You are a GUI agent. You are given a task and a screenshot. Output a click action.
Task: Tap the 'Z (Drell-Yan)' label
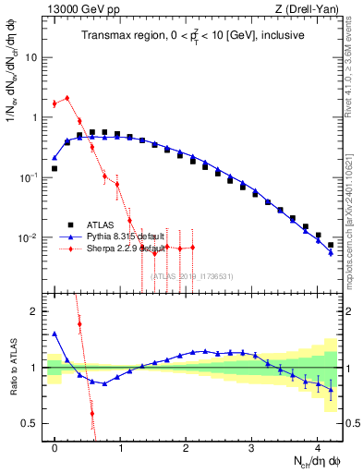(x=316, y=8)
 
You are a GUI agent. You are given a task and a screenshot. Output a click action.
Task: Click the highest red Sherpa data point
(x=67, y=98)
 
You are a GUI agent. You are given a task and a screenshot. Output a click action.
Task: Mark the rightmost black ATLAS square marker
(x=331, y=245)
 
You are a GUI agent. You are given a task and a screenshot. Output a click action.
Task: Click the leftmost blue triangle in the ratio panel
(x=54, y=334)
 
